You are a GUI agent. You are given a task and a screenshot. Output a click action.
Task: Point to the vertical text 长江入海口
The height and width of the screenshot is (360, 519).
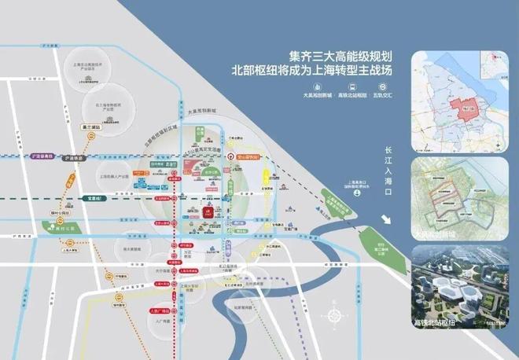click(387, 172)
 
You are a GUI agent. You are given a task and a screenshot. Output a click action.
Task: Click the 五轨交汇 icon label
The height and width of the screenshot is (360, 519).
click(388, 96)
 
